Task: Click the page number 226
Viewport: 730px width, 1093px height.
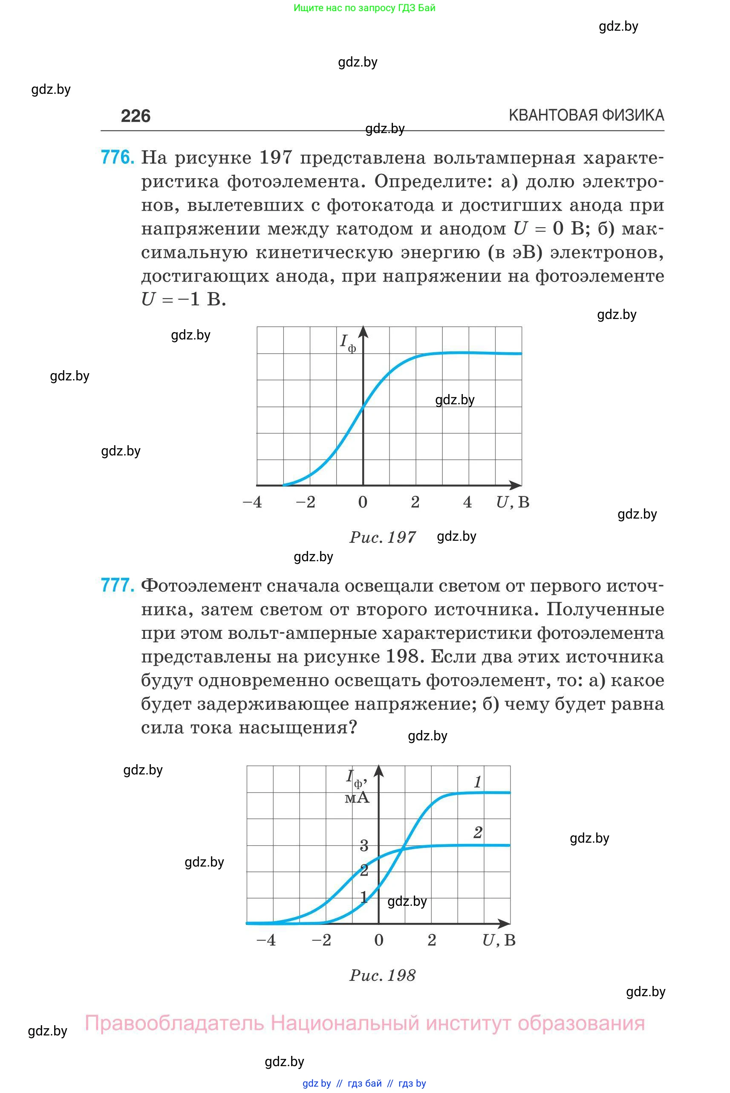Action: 136,116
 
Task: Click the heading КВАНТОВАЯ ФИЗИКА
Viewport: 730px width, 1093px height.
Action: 586,115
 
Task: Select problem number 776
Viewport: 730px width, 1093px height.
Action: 117,157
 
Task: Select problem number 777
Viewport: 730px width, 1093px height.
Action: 117,585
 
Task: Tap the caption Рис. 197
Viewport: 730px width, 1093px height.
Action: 383,537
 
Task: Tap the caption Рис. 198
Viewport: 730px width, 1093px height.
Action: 383,975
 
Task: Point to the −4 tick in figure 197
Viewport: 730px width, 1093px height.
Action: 252,502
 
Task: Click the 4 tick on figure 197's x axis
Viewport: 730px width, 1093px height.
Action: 468,502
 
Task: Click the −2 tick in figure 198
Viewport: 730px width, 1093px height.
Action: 321,940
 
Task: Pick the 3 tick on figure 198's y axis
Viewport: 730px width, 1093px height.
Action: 364,846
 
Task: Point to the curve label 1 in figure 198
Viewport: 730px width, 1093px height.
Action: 478,782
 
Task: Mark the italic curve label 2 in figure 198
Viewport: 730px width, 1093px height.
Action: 478,832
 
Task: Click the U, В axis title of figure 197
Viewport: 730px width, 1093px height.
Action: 513,502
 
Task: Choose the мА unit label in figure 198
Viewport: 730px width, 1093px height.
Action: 357,797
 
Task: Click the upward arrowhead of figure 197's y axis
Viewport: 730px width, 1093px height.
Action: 363,331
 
